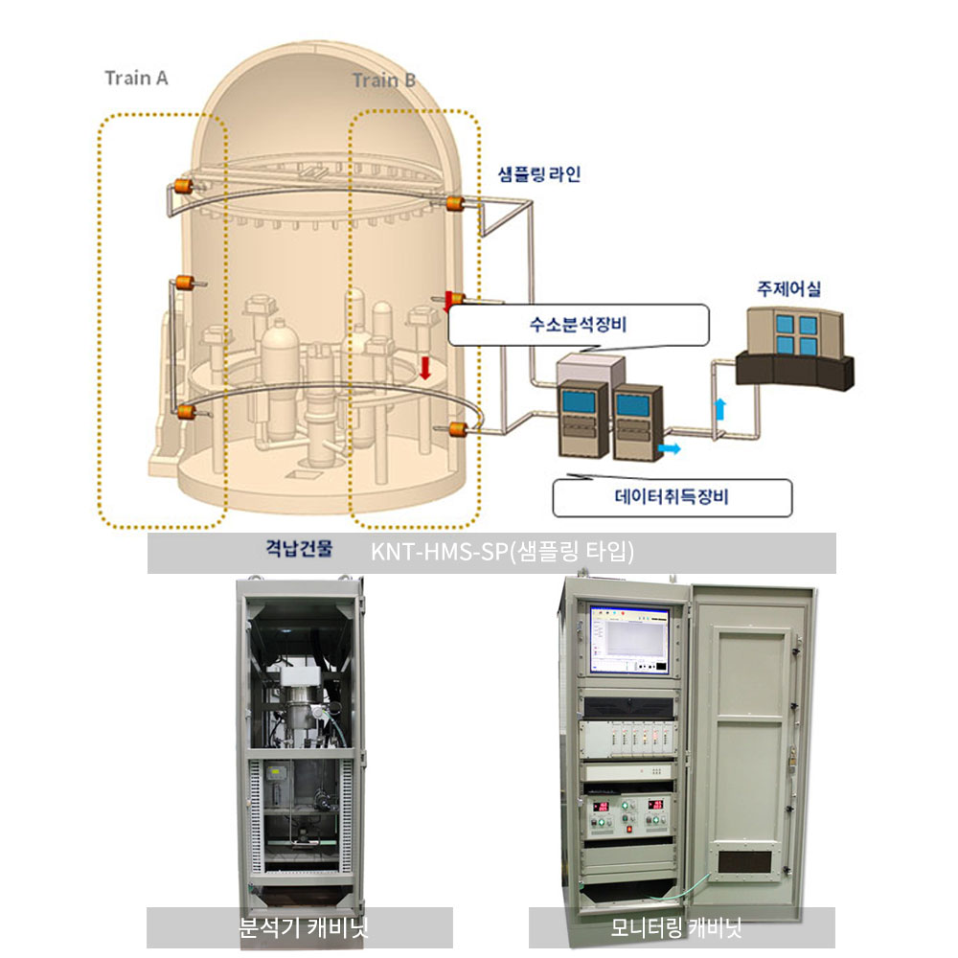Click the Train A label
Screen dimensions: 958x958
[x=136, y=79]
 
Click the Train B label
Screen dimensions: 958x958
[x=383, y=80]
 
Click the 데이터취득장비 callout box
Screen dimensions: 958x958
[x=673, y=497]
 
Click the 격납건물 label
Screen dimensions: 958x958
[x=299, y=549]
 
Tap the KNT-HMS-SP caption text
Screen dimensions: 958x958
[x=503, y=553]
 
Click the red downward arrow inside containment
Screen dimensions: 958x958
[x=426, y=366]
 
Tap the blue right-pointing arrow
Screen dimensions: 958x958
[x=671, y=447]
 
